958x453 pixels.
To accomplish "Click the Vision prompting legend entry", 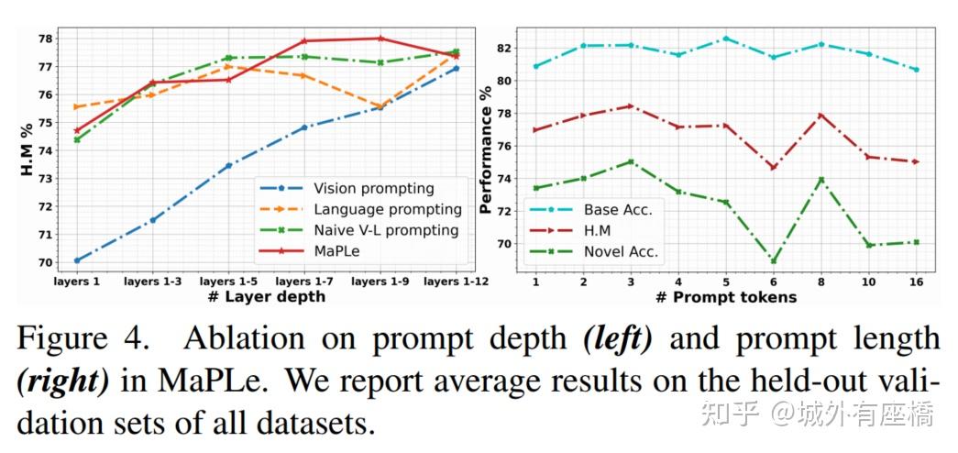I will point(372,188).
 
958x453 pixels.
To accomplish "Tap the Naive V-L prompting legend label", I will point(385,229).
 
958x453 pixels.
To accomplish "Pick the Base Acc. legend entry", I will point(617,209).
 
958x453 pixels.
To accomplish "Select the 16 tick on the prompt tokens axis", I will point(914,282).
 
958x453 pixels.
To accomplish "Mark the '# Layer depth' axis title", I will point(265,296).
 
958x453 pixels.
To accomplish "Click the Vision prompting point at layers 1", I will point(76,260).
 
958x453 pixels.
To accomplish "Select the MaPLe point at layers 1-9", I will point(380,39).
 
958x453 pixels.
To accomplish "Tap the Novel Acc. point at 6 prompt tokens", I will point(773,261).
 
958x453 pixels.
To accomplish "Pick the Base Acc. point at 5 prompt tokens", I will point(725,39).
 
